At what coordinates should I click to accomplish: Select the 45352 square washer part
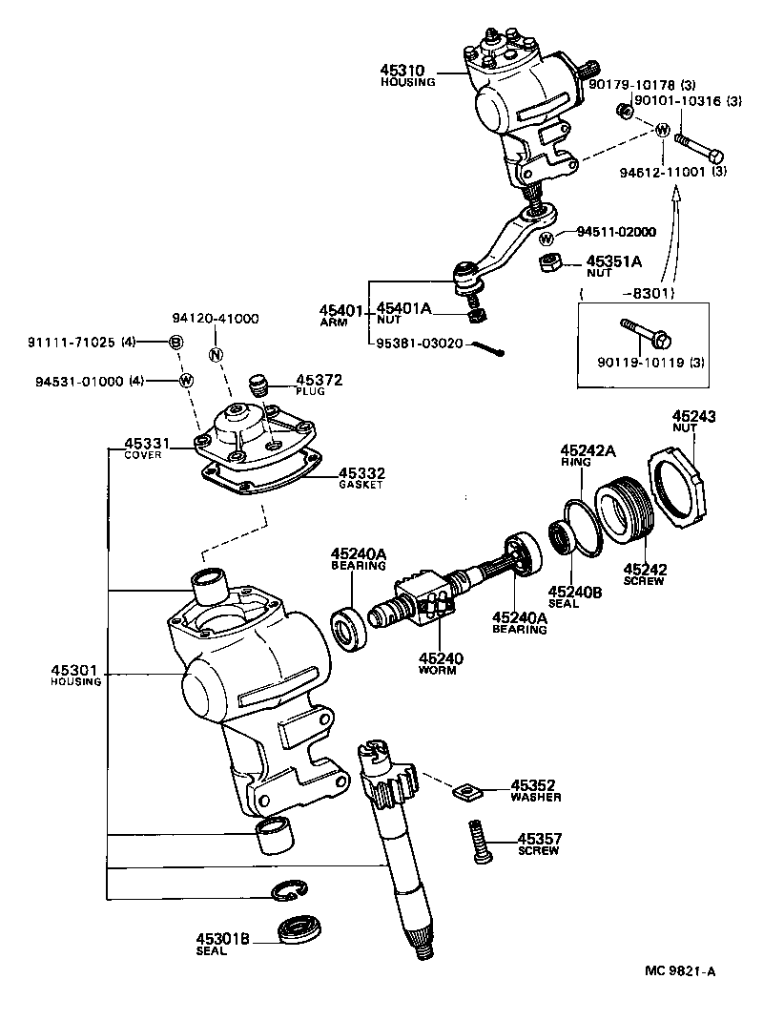click(x=466, y=790)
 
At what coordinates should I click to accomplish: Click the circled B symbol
click(x=175, y=341)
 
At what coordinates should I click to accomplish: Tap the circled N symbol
click(x=216, y=355)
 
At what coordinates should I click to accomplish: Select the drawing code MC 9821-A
click(x=680, y=971)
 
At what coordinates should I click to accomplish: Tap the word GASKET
click(x=360, y=485)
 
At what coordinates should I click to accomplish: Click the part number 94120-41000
click(x=216, y=319)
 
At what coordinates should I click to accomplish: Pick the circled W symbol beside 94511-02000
click(x=546, y=238)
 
